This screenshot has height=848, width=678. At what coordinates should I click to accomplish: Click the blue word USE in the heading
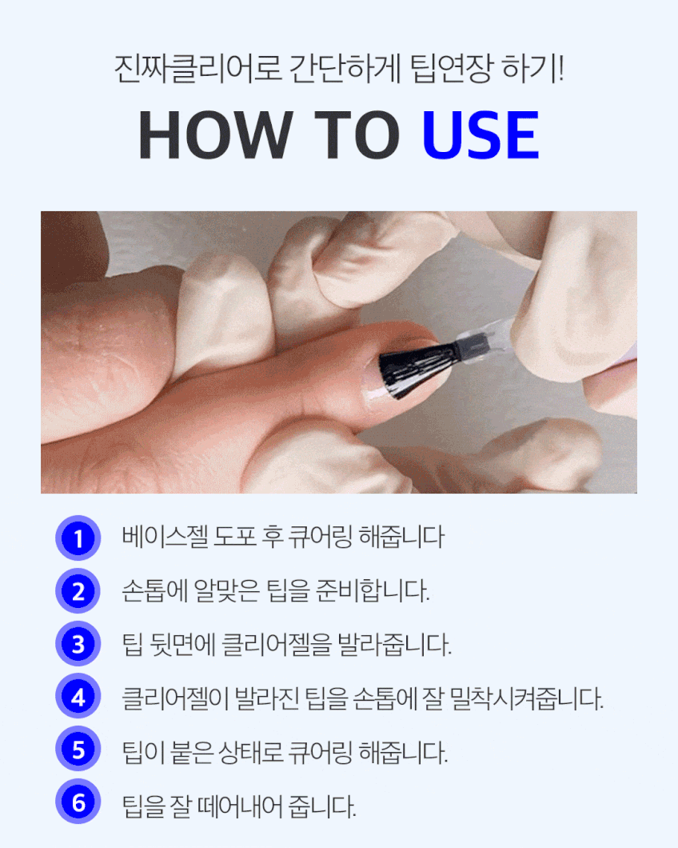pos(480,134)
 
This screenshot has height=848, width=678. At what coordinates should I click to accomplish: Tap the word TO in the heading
pos(357,134)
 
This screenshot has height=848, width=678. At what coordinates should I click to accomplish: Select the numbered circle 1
pos(78,538)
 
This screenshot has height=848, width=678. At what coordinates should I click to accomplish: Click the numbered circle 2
pos(78,590)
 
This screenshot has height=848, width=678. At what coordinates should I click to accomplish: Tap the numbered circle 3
pos(78,643)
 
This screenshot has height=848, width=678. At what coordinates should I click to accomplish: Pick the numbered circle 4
pos(78,697)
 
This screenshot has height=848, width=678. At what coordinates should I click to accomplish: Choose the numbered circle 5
pos(78,749)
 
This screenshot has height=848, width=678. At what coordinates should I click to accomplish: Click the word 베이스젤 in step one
pos(165,537)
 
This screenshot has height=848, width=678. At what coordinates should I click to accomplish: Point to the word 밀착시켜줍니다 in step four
pos(526,698)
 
